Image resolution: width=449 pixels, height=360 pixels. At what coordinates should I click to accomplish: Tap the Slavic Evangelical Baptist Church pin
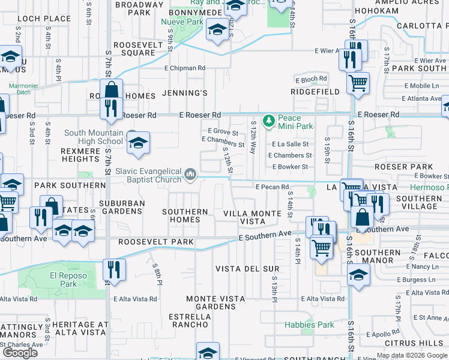pyautogui.click(x=190, y=175)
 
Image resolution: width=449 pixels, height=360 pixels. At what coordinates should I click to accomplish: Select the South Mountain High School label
pyautogui.click(x=93, y=137)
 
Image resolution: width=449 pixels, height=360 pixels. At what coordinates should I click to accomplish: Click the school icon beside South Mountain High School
pyautogui.click(x=138, y=143)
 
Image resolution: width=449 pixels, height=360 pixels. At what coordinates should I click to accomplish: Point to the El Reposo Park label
pyautogui.click(x=61, y=280)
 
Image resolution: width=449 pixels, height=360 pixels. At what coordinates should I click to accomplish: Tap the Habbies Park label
pyautogui.click(x=309, y=325)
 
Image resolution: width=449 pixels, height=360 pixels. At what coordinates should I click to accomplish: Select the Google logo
pyautogui.click(x=20, y=353)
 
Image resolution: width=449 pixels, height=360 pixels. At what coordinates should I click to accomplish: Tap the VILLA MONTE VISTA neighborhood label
pyautogui.click(x=252, y=217)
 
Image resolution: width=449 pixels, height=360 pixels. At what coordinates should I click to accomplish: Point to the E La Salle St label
pyautogui.click(x=290, y=144)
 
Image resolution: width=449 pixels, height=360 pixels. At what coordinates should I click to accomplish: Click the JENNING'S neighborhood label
pyautogui.click(x=185, y=93)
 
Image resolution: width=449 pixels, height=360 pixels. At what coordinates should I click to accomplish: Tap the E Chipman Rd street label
pyautogui.click(x=185, y=68)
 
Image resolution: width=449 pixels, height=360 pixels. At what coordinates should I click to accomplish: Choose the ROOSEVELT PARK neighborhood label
pyautogui.click(x=155, y=242)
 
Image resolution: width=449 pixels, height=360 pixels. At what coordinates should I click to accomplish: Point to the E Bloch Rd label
pyautogui.click(x=311, y=79)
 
